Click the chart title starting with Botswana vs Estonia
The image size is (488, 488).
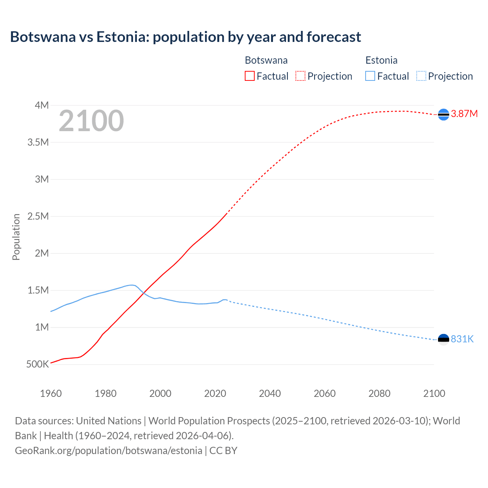[185, 37]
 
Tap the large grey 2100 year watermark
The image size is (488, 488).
[91, 121]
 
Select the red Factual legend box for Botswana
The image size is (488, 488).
[249, 76]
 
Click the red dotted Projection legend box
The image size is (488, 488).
[300, 76]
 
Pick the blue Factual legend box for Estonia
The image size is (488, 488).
[370, 76]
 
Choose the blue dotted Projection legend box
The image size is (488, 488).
[421, 76]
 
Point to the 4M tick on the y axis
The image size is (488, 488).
[42, 105]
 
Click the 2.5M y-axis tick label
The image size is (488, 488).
[38, 217]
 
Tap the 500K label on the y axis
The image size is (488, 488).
[37, 364]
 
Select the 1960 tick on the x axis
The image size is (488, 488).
[51, 393]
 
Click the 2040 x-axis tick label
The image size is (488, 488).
[270, 393]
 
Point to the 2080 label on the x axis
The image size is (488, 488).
[379, 393]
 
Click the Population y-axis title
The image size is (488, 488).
[16, 237]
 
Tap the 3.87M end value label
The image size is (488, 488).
[464, 114]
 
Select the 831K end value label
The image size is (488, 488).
[462, 339]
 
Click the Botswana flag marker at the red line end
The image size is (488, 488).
[443, 114]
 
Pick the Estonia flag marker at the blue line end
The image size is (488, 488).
[443, 339]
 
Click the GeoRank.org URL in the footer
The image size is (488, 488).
[109, 451]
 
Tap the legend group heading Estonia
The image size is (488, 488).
[381, 60]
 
